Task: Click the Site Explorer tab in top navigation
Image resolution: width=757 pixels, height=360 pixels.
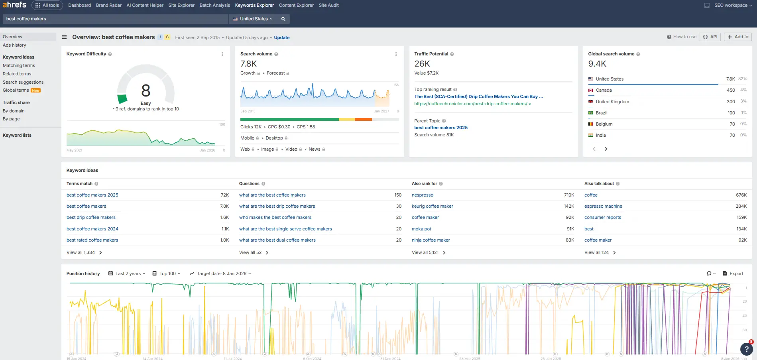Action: [x=181, y=5]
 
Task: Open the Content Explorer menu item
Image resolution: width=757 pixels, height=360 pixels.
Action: [x=296, y=5]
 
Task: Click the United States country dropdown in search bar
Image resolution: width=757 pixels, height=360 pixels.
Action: [x=253, y=19]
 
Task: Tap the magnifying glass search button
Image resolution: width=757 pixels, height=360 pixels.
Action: [x=283, y=19]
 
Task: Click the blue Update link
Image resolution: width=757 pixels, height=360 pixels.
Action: [x=281, y=37]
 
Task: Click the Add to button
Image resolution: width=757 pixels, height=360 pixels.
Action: [x=737, y=37]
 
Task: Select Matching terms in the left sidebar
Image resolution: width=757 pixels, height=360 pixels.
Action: [x=19, y=65]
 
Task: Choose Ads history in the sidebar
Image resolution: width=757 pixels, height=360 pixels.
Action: [x=14, y=45]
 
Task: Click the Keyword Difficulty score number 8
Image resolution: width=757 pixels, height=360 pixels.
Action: [x=146, y=90]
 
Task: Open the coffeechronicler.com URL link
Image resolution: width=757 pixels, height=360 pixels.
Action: [x=470, y=104]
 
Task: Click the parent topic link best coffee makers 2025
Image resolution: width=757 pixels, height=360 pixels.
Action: [x=440, y=128]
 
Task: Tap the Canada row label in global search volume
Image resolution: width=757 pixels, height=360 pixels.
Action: [x=604, y=90]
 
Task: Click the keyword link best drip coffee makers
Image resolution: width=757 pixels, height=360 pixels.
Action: [x=91, y=217]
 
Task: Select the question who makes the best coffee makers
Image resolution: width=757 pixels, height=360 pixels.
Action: [x=275, y=217]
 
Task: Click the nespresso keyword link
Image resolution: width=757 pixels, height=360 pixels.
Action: [x=422, y=195]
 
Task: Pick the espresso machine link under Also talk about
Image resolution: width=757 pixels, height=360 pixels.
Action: [x=603, y=206]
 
